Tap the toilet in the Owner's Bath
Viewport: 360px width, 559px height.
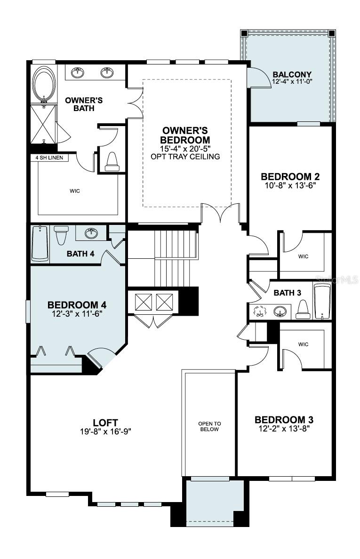(x=112, y=160)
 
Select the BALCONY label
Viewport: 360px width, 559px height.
(x=292, y=74)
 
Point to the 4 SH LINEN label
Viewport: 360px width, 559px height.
(x=49, y=158)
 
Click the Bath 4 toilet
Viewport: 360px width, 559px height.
(x=62, y=235)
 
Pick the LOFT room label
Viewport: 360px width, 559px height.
(x=105, y=423)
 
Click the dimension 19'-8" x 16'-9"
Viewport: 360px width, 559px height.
(x=105, y=431)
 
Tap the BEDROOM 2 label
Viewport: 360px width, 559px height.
(x=290, y=177)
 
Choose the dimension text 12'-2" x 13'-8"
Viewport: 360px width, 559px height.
(x=284, y=429)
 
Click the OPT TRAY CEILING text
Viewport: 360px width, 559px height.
(x=185, y=157)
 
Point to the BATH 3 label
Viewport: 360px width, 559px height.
(x=287, y=293)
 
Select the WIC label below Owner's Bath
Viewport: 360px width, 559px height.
(x=74, y=191)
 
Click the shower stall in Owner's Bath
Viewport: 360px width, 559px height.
(x=43, y=124)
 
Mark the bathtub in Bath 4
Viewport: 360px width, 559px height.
(x=40, y=242)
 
